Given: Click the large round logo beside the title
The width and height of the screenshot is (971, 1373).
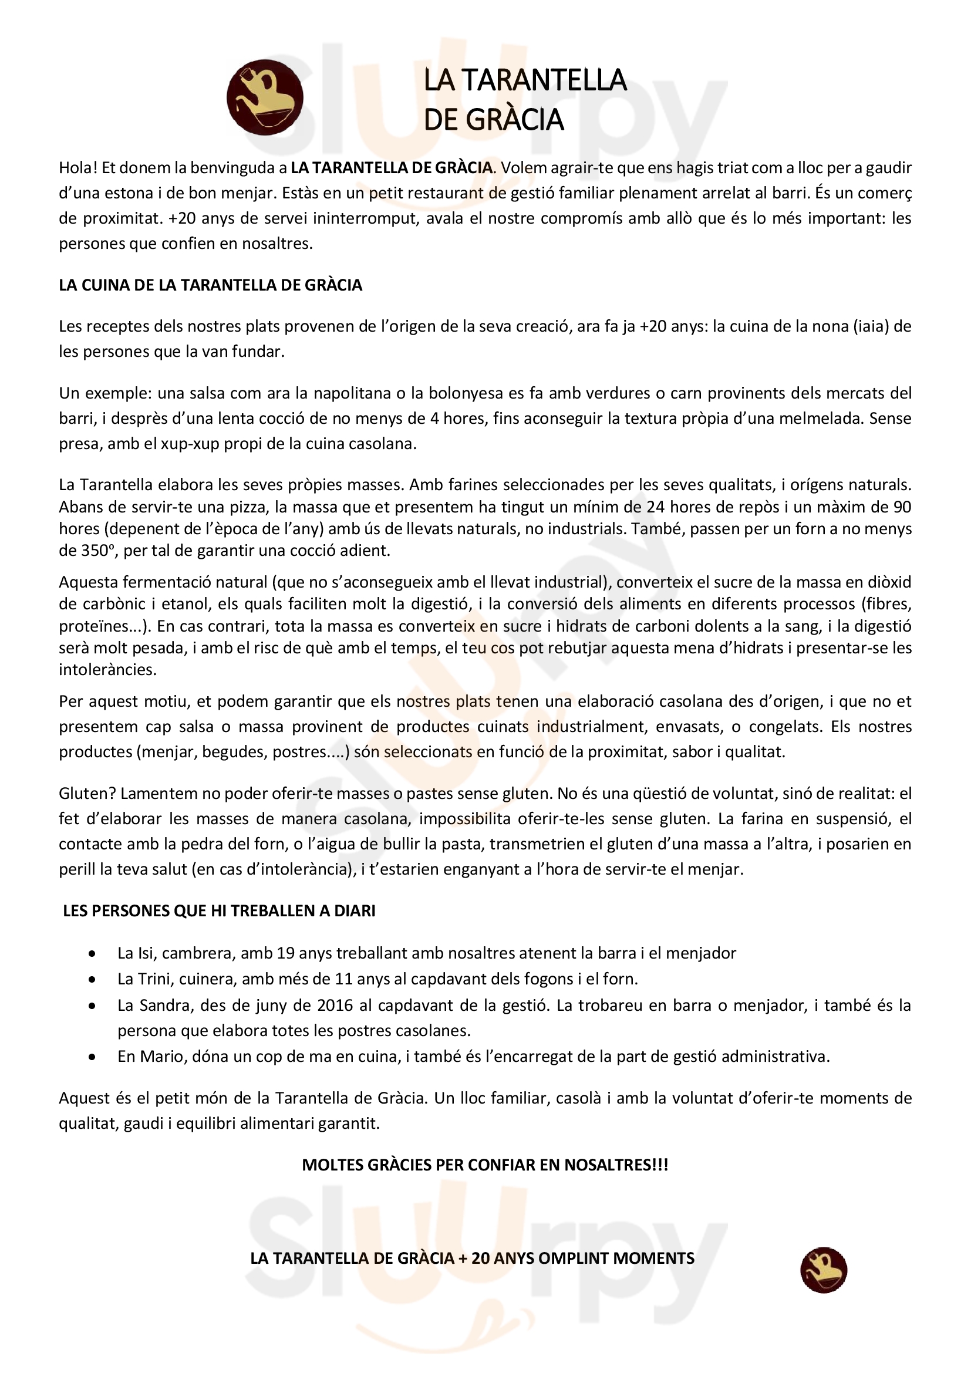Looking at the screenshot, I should (264, 97).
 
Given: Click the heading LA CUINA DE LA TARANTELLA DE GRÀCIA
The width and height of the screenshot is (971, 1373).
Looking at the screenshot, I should (211, 285).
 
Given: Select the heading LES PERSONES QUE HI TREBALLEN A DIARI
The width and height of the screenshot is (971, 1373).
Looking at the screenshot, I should (219, 911).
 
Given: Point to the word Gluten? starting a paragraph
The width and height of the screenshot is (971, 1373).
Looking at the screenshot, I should (87, 794).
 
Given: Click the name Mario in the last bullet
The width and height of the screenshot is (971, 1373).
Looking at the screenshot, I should (164, 1057).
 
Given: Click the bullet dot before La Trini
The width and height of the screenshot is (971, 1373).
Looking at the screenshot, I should (92, 980).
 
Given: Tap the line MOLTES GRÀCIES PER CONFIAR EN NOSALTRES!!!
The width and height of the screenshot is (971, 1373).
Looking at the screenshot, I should (485, 1165).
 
